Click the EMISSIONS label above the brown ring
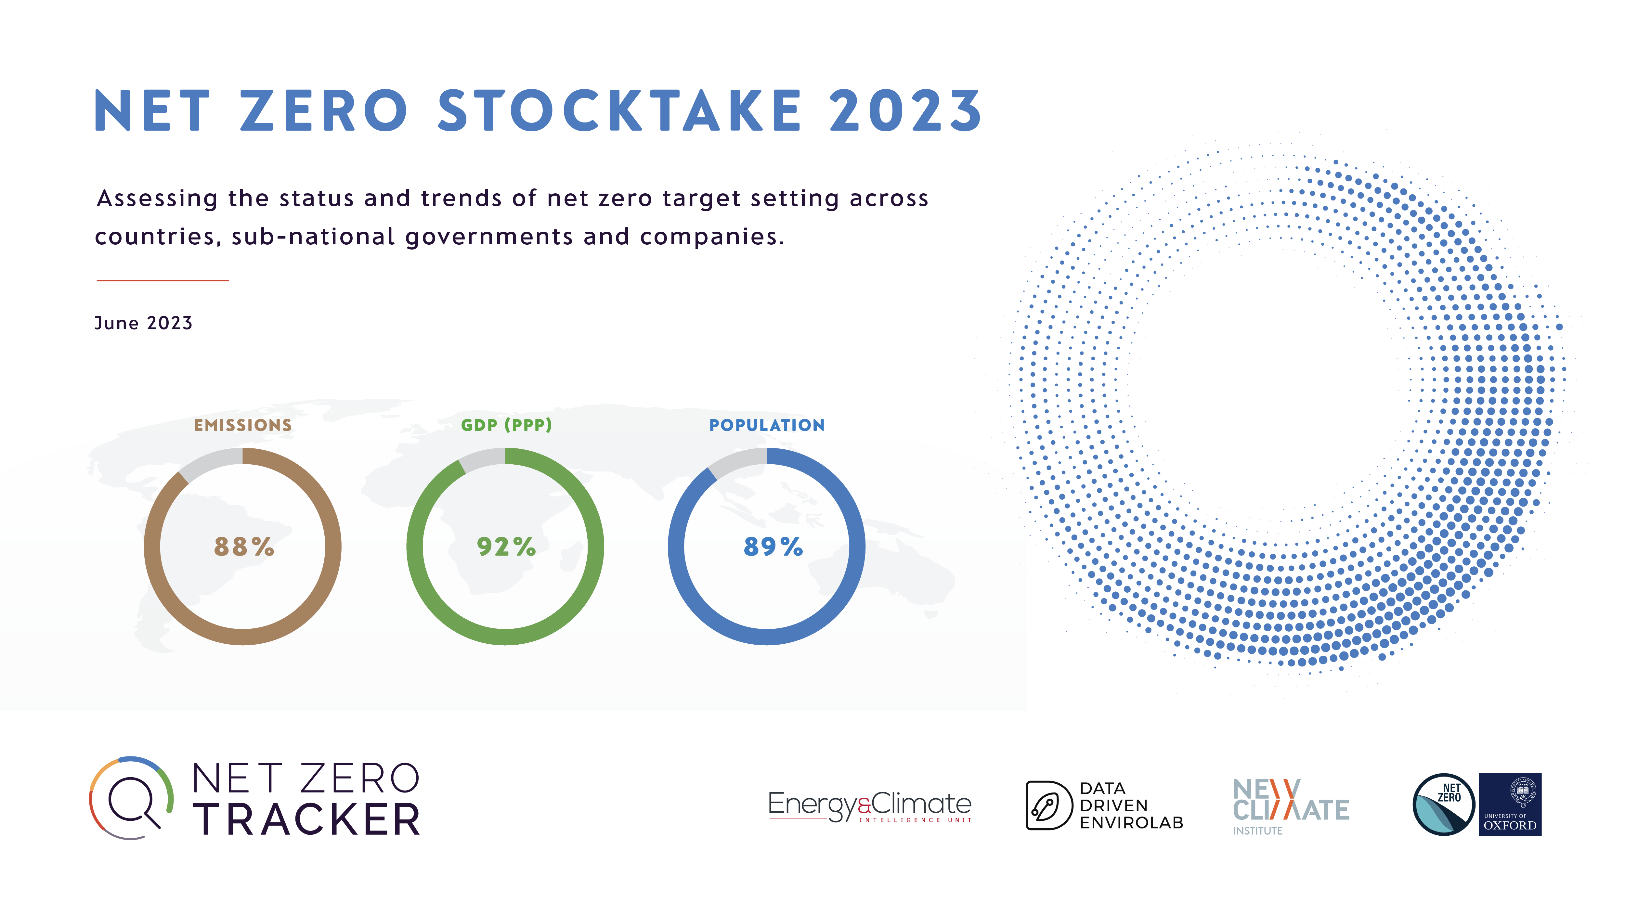click(243, 425)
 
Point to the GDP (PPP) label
click(507, 425)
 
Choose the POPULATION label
click(767, 425)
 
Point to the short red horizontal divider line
click(163, 280)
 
